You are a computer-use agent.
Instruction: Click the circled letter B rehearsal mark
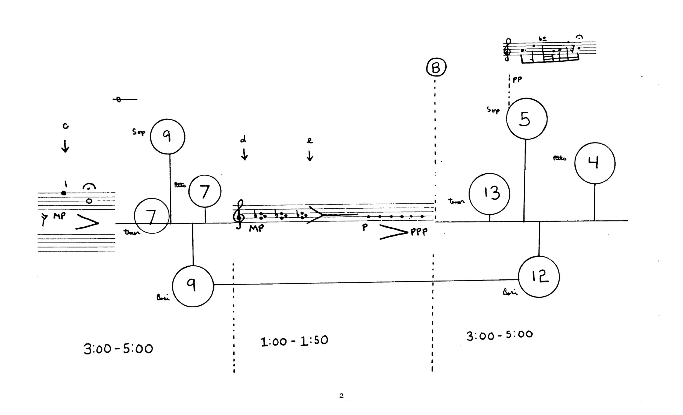point(436,68)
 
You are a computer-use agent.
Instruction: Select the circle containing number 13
point(490,194)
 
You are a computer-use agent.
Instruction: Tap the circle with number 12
point(539,277)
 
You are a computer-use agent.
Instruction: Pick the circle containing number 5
point(527,118)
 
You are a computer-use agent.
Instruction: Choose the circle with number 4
point(595,163)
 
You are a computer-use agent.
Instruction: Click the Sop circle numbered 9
point(167,136)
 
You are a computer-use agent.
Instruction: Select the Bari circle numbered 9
point(193,286)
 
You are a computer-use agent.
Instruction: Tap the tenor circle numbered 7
point(152,216)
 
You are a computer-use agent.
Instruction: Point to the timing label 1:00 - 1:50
point(295,341)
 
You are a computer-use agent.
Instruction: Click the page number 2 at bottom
point(341,396)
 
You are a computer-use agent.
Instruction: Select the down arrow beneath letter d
point(244,154)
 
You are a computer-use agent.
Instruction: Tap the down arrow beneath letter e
point(310,156)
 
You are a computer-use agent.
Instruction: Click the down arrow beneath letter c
point(65,146)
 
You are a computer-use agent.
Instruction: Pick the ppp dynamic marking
point(419,232)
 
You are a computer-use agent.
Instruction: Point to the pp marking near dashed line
point(517,80)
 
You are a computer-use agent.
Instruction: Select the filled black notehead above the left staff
point(64,193)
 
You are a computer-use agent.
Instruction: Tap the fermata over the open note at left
point(89,186)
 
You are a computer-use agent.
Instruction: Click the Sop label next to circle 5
point(493,110)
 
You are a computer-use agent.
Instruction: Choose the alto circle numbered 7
point(205,191)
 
